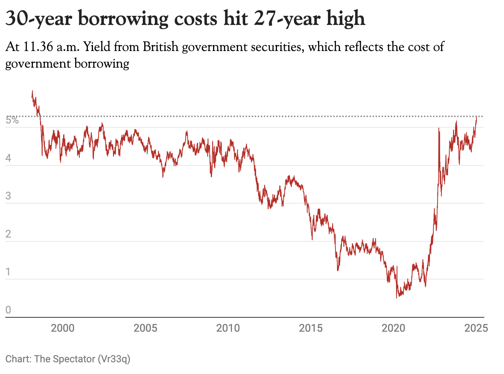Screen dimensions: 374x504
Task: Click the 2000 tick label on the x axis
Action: [63, 328]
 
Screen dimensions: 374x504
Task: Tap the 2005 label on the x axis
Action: [145, 328]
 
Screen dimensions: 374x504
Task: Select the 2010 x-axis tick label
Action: [228, 328]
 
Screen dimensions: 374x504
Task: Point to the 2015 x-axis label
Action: [311, 328]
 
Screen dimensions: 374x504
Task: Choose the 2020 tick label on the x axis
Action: [393, 328]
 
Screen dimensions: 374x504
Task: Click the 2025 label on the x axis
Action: [476, 328]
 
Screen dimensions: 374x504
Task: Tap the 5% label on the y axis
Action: [12, 121]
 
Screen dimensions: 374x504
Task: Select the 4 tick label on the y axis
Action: [8, 158]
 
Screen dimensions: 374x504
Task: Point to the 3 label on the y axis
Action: [8, 196]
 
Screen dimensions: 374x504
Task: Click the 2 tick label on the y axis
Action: [8, 234]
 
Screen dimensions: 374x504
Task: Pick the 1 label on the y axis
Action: [8, 272]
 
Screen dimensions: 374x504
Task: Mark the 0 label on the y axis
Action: [8, 310]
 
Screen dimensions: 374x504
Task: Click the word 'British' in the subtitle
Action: [160, 47]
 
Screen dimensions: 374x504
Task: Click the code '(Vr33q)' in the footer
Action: [114, 359]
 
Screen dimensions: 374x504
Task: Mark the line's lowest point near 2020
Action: [397, 298]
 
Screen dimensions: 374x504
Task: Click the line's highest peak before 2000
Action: [32, 91]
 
